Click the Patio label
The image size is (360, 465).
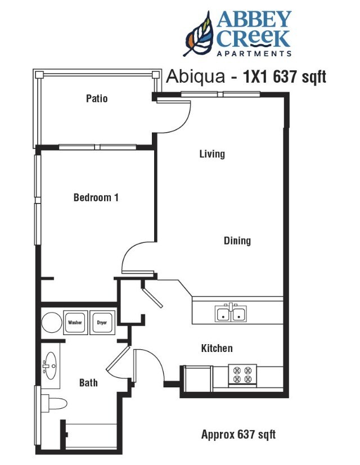tap(96, 98)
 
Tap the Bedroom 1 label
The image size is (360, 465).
tap(96, 197)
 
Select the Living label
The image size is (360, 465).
tap(212, 154)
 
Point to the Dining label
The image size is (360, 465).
tap(237, 241)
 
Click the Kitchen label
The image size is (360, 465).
tap(217, 349)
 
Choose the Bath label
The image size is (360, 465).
tap(88, 382)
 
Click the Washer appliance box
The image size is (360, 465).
tap(75, 323)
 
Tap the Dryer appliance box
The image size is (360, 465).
tap(102, 323)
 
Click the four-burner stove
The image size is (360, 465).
tap(242, 375)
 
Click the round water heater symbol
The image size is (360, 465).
tap(52, 323)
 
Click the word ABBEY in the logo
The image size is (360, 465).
tap(254, 21)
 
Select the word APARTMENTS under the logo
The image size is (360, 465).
tap(254, 54)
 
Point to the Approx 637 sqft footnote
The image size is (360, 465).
tap(238, 434)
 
